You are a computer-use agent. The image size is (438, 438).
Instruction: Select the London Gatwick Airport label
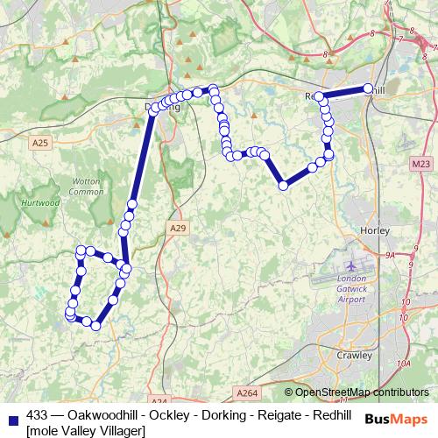pyautogui.click(x=351, y=289)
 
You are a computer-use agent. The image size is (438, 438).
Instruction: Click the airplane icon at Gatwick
pyautogui.click(x=351, y=265)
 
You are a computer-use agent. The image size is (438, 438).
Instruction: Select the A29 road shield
pyautogui.click(x=178, y=228)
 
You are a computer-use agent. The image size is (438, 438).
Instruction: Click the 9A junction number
pyautogui.click(x=391, y=256)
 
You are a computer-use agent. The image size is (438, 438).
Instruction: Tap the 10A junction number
pyautogui.click(x=402, y=363)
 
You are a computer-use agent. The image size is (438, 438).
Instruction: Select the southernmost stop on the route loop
pyautogui.click(x=95, y=326)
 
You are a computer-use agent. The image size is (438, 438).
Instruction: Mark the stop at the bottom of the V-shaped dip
pyautogui.click(x=283, y=185)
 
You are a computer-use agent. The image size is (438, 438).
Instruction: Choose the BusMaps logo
pyautogui.click(x=396, y=420)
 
